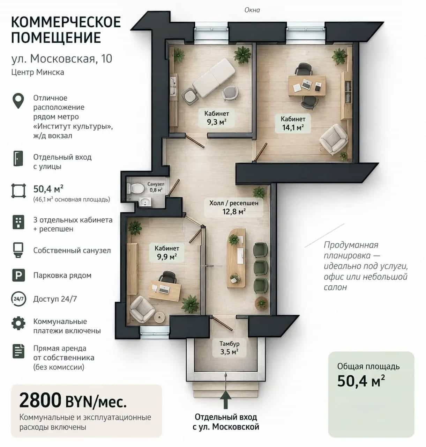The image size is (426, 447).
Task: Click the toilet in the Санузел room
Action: coord(136,188)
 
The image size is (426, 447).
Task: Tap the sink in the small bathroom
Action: coord(145,202)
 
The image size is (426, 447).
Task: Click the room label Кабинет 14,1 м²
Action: coord(293,123)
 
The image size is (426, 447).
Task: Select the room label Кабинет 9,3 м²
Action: coord(216,118)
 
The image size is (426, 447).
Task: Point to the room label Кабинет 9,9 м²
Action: coord(167,252)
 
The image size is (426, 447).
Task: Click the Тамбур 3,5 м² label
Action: coord(229,348)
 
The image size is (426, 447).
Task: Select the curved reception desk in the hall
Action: coord(236,258)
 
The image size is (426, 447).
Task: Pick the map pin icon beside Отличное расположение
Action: coord(18,101)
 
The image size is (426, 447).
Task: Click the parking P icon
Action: coord(18,275)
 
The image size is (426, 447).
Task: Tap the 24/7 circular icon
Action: coord(18,299)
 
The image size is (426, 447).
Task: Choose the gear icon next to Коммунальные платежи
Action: coord(18,323)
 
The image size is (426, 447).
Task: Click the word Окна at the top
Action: coord(252,10)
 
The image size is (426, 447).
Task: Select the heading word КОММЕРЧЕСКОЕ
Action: coord(66,22)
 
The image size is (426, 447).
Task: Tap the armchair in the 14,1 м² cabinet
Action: coord(334,139)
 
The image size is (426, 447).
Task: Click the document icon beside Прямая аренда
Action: coord(18,351)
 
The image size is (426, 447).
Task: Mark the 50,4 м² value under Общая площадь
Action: coord(361,381)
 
